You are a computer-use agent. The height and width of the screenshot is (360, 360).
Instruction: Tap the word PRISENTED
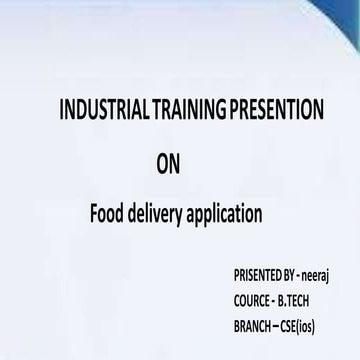(x=257, y=271)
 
